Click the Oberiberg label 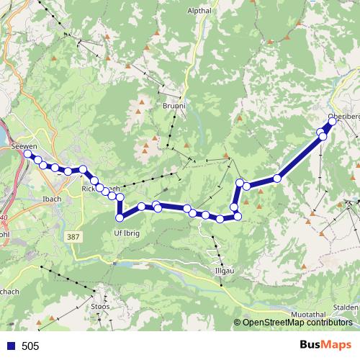(x=343, y=116)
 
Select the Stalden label (x=346, y=307)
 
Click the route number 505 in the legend (x=30, y=346)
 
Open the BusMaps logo (x=325, y=345)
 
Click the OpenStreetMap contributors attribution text (x=297, y=323)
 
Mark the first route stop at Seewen (x=28, y=153)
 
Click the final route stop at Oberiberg (x=333, y=121)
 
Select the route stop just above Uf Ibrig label (x=120, y=217)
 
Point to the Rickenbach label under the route (x=97, y=189)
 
